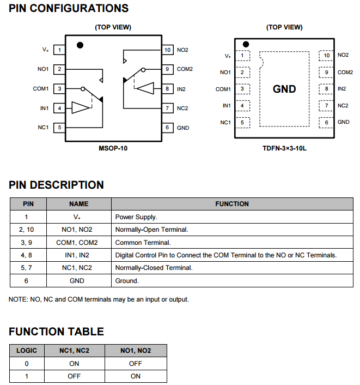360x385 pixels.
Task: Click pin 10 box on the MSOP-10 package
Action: point(168,50)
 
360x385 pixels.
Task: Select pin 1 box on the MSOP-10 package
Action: point(59,50)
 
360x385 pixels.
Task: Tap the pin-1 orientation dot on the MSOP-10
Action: point(80,45)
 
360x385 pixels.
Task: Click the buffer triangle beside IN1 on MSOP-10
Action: point(80,107)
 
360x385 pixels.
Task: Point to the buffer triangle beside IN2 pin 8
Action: point(146,88)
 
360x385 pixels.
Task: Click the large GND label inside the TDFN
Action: point(284,89)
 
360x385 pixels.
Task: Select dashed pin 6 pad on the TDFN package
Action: point(326,122)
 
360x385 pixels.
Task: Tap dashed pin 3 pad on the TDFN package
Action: point(242,89)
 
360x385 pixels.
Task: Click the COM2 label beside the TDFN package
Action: point(345,72)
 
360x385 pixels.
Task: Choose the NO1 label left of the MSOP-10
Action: point(43,69)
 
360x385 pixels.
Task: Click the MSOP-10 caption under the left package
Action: point(113,147)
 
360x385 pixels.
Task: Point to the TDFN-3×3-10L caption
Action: point(284,147)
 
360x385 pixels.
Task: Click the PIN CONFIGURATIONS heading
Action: point(69,8)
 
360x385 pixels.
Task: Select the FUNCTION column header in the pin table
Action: point(232,204)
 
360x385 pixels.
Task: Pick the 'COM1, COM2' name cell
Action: point(78,242)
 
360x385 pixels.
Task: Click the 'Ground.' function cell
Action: point(127,280)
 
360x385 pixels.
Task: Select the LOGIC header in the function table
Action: point(27,351)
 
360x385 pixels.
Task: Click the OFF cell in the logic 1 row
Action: point(74,376)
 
